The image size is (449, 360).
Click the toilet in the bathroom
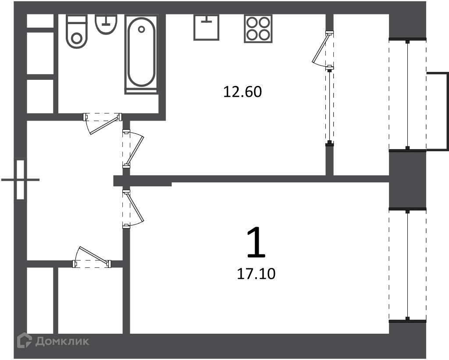(76, 31)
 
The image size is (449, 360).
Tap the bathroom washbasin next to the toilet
(106, 24)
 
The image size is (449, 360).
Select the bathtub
(141, 53)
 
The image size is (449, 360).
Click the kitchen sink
(206, 27)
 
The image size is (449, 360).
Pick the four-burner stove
(258, 29)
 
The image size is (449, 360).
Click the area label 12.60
(242, 92)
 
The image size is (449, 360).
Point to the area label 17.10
(256, 274)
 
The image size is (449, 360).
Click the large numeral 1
(256, 242)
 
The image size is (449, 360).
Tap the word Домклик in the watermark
(62, 341)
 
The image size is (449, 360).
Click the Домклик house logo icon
(25, 341)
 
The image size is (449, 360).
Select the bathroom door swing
(103, 123)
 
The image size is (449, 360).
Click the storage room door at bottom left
(92, 257)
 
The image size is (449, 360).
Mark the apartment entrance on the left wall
(20, 180)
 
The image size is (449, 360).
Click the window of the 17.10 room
(407, 265)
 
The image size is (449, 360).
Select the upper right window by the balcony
(407, 94)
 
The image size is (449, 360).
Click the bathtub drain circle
(141, 29)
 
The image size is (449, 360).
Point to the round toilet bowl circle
(76, 38)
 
